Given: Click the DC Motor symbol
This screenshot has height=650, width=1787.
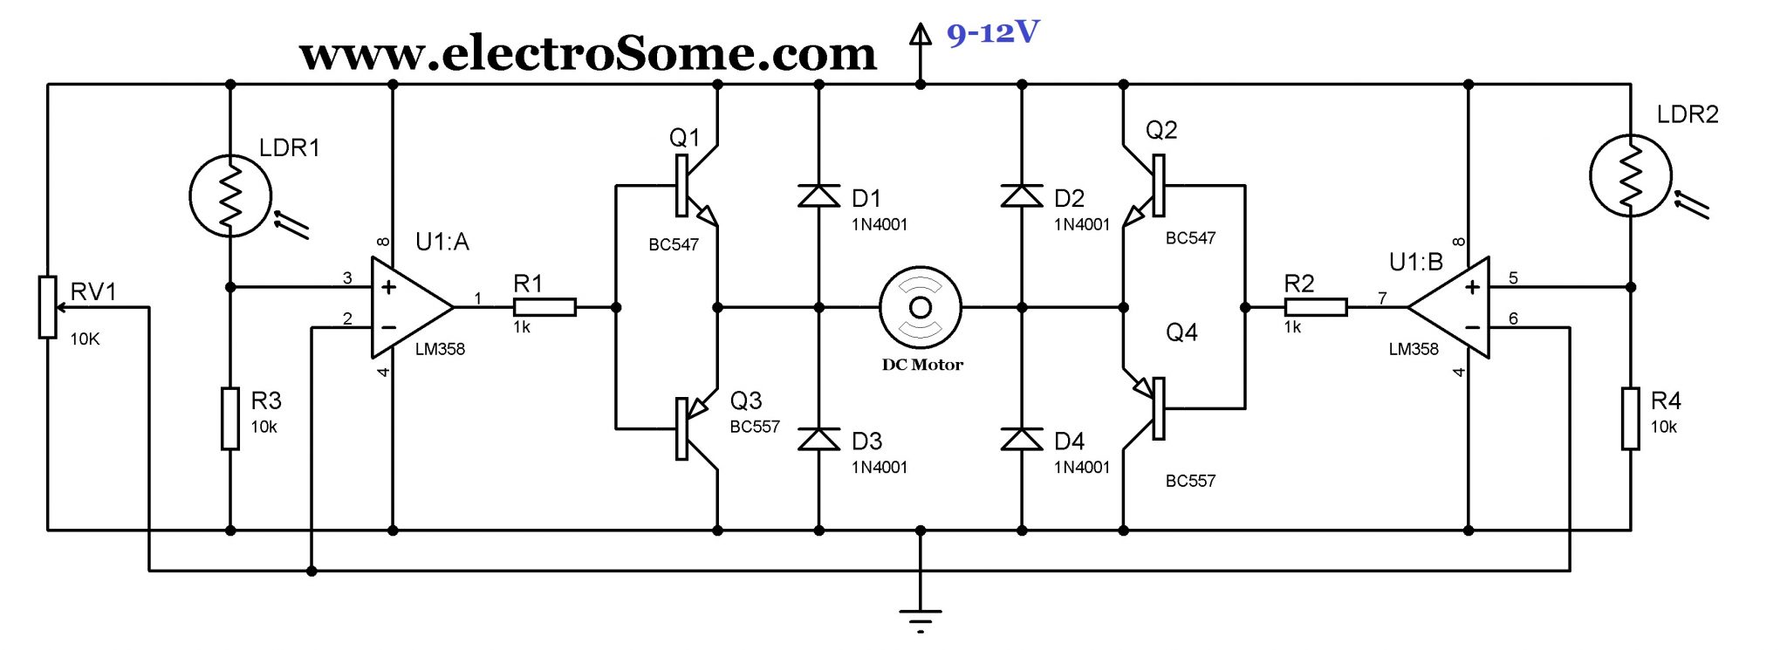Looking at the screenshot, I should (921, 307).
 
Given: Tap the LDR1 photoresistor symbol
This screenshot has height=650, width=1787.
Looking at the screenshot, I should (230, 196).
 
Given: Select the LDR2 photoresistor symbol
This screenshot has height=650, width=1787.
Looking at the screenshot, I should (1630, 175).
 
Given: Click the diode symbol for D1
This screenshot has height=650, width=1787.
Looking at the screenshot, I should (818, 196).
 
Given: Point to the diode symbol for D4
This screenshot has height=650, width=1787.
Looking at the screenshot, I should (1022, 439).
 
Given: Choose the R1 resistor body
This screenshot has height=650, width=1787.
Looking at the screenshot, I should (544, 307).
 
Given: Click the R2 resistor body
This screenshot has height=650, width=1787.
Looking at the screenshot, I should (1315, 307).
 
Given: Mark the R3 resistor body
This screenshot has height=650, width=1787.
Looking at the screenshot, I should (230, 419).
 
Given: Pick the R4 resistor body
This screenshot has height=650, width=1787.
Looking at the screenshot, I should (1630, 419).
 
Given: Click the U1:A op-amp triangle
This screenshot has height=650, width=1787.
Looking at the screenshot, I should (408, 307).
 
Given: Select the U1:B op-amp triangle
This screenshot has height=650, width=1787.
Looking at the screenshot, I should (1453, 307).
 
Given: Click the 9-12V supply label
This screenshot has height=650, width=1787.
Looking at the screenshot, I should (993, 33).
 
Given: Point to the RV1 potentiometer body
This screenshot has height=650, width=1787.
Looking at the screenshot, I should (48, 307).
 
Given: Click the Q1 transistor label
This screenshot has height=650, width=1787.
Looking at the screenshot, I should (684, 138).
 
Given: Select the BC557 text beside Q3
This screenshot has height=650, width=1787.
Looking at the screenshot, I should (755, 427).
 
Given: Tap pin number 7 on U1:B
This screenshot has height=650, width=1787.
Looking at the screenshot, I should (1382, 298).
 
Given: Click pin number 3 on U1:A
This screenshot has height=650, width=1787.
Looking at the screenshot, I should (347, 278).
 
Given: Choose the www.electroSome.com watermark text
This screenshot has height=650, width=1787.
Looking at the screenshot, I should (587, 54).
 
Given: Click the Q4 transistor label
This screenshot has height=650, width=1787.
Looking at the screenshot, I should (1181, 332).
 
